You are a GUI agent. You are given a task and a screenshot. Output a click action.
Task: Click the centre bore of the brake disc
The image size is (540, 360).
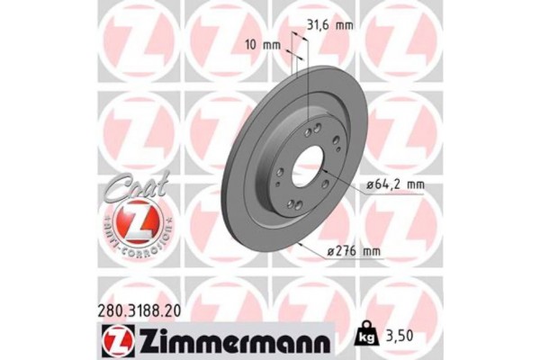click(305, 168)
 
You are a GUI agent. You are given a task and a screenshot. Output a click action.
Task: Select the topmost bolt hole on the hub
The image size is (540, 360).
click(309, 131)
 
